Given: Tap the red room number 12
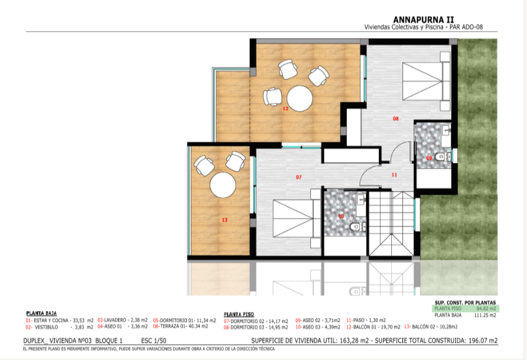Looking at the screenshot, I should pyautogui.click(x=285, y=108).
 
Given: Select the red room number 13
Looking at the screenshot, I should pyautogui.click(x=224, y=220).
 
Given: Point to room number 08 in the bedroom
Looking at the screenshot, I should pyautogui.click(x=395, y=119).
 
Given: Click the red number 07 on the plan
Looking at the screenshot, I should pyautogui.click(x=298, y=176).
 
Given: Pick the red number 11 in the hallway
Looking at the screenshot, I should pyautogui.click(x=394, y=175).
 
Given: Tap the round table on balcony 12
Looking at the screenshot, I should pyautogui.click(x=299, y=98).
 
